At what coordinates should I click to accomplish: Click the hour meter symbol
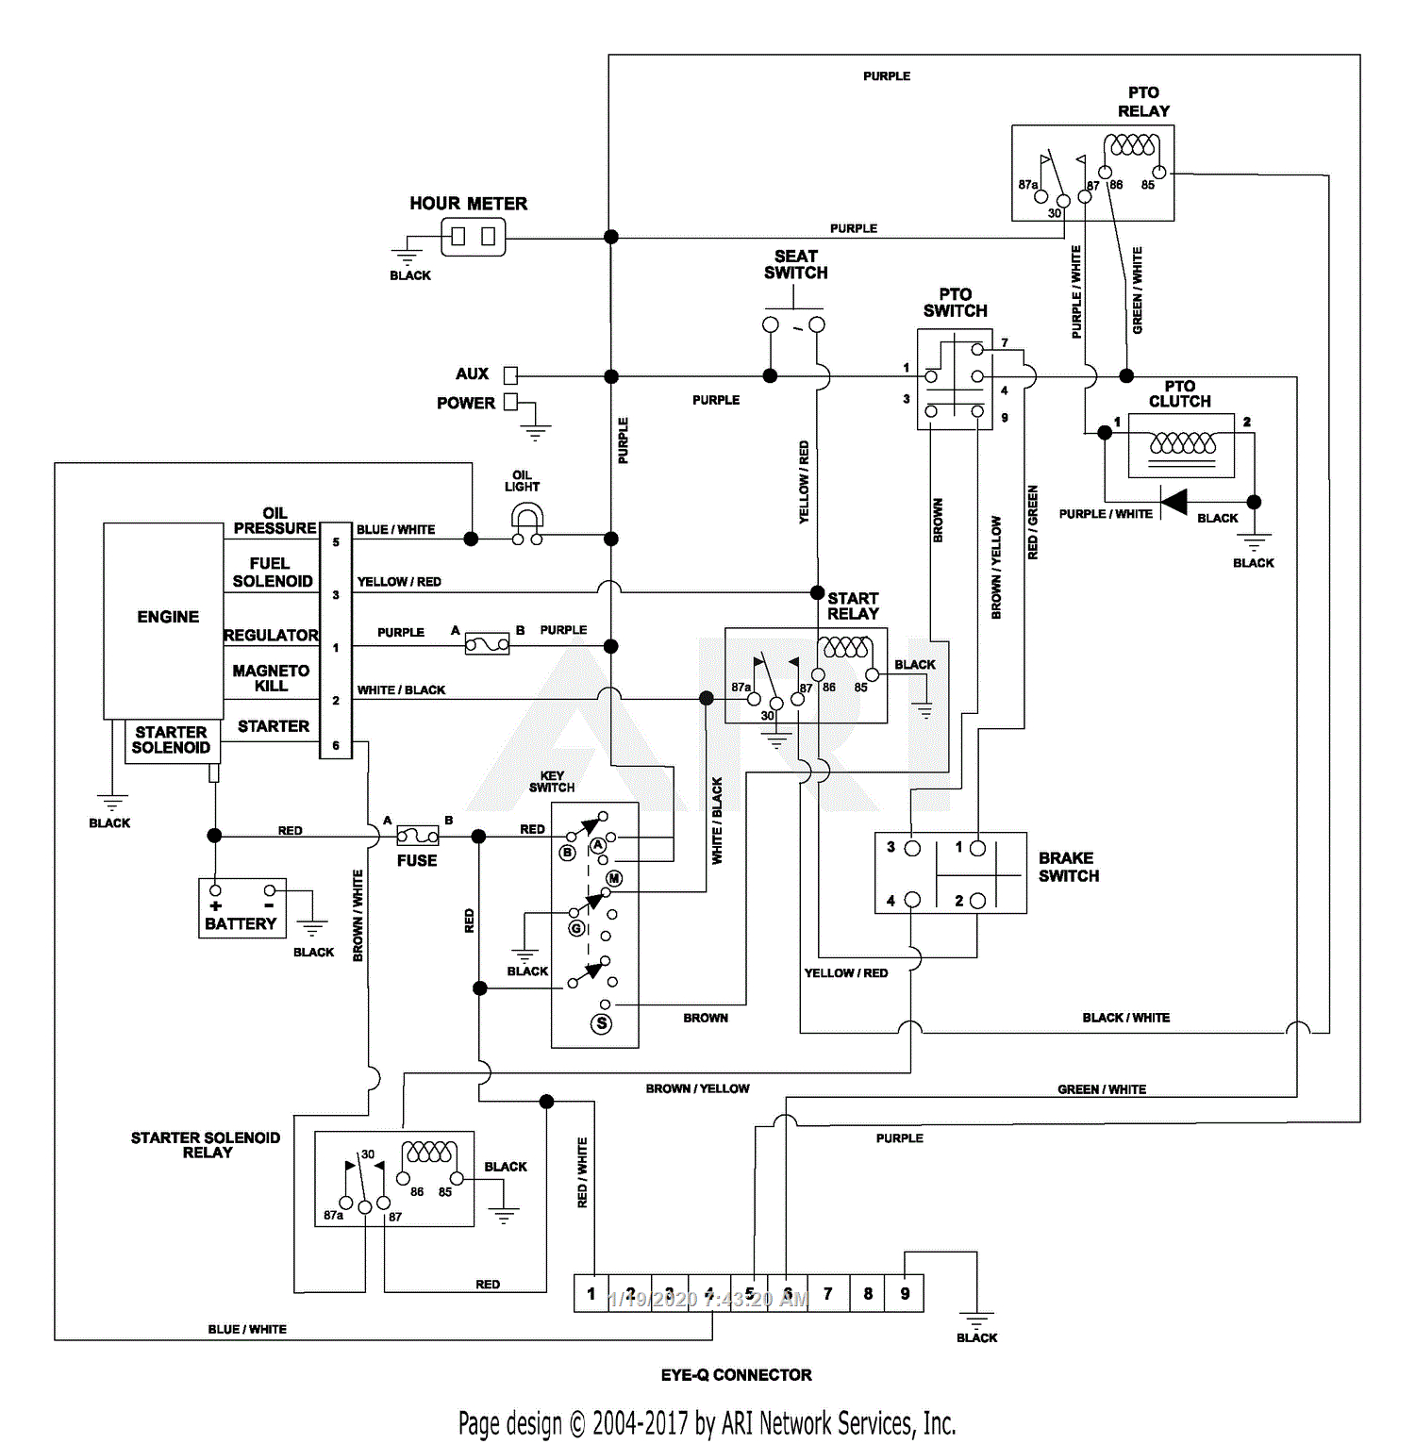coord(473,236)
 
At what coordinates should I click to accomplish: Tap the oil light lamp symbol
coord(526,522)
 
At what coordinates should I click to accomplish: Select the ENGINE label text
coord(168,617)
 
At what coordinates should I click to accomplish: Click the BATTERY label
coord(241,923)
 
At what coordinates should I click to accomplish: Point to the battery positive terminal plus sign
coord(216,905)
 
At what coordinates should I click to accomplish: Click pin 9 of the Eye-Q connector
coord(905,1293)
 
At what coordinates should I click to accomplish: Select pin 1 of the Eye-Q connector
coord(591,1293)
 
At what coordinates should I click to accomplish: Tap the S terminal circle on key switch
coord(602,1023)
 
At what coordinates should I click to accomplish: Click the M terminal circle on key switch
coord(614,878)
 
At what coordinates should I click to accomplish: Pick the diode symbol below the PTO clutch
coord(1174,502)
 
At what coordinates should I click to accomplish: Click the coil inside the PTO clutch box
coord(1182,442)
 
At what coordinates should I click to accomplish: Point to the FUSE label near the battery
coord(417,860)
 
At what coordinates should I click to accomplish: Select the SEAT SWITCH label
coord(795,264)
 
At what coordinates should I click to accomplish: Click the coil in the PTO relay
coord(1132,145)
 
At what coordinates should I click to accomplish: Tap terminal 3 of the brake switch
coord(912,848)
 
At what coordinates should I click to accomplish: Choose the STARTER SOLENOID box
coord(172,740)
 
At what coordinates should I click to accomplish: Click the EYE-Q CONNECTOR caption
coord(736,1374)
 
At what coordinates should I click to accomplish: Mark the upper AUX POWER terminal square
coord(510,374)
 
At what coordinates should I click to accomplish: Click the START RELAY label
coord(853,606)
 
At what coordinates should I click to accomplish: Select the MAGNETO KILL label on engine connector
coord(271,678)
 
